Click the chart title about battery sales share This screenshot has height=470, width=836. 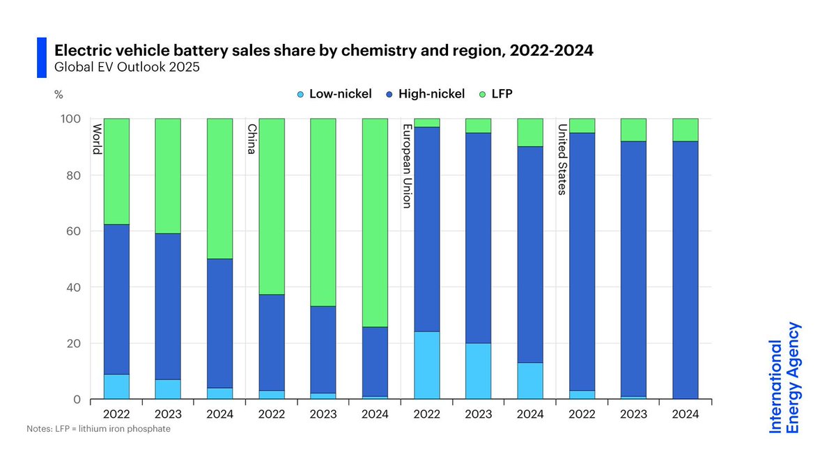click(x=324, y=51)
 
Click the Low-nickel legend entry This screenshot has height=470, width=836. click(x=334, y=94)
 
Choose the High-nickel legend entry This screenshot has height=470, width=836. click(x=424, y=94)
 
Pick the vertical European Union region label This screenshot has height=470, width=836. click(x=407, y=166)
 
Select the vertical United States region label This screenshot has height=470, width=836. click(x=562, y=160)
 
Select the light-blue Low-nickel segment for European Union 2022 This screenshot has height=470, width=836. click(x=426, y=366)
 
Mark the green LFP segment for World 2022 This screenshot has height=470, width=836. click(x=117, y=171)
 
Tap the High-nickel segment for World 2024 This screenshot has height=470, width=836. click(x=220, y=324)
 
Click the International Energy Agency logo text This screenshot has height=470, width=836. click(x=784, y=377)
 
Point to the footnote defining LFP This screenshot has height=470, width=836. click(x=98, y=429)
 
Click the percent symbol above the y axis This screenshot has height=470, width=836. click(x=59, y=95)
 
